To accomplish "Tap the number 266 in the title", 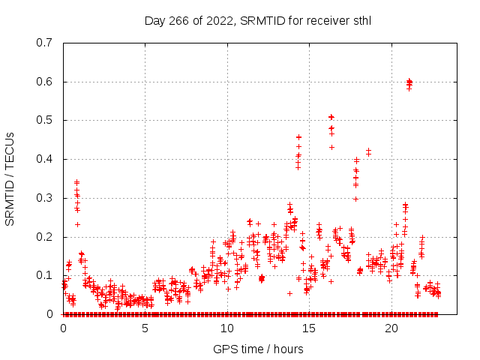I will tap(177, 20).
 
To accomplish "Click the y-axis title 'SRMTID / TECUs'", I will tap(10, 179).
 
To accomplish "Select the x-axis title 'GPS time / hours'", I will tap(259, 349).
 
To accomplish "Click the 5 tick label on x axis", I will tap(145, 328).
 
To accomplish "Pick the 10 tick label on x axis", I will tap(227, 328).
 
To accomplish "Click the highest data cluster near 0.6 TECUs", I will tap(409, 82).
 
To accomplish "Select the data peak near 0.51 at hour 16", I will tap(331, 118).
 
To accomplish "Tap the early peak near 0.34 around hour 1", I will tap(76, 182).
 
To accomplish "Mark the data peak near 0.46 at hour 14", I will tap(298, 137).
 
